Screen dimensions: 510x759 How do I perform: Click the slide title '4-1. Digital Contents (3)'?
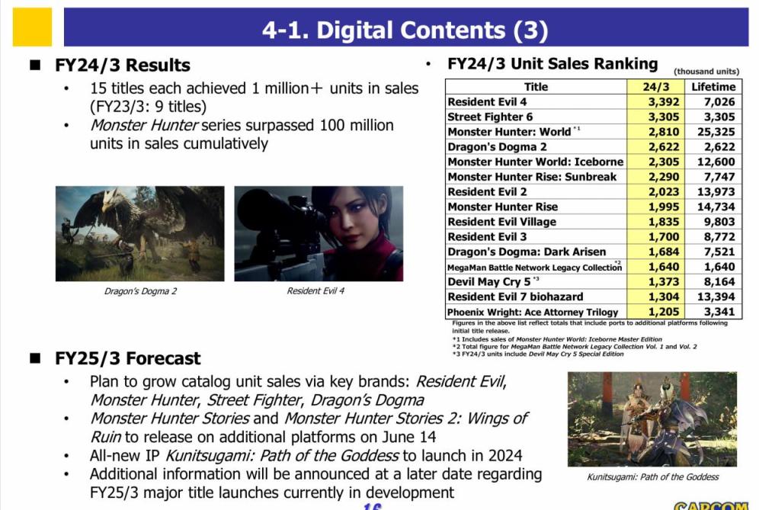point(405,30)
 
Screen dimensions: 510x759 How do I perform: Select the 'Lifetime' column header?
point(713,87)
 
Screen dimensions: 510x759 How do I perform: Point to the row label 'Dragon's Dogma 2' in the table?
point(497,147)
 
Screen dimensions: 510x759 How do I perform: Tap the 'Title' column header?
point(536,87)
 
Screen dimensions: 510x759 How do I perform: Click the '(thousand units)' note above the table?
point(706,72)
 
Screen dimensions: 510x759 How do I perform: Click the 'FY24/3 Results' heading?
point(122,65)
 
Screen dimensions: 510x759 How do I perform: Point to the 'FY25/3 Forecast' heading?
point(127,358)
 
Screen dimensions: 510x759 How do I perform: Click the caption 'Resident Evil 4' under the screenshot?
point(315,291)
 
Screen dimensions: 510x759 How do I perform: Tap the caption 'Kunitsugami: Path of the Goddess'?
point(652,477)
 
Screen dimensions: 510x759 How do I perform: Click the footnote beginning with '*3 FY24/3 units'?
point(538,354)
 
